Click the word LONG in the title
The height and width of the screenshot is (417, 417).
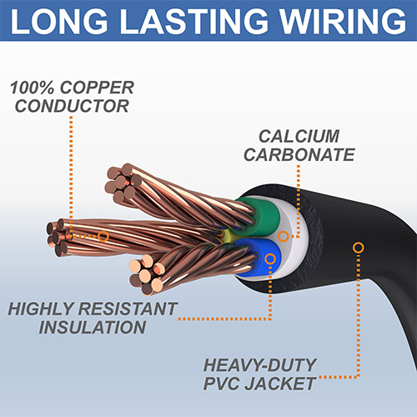point(65,23)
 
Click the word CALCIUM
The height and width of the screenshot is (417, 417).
point(300,135)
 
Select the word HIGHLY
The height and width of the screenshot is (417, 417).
point(46,309)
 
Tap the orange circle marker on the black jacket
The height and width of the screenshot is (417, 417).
point(359,247)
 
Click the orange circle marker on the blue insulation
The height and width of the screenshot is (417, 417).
point(270,260)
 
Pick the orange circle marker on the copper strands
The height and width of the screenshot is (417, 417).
point(103,236)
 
